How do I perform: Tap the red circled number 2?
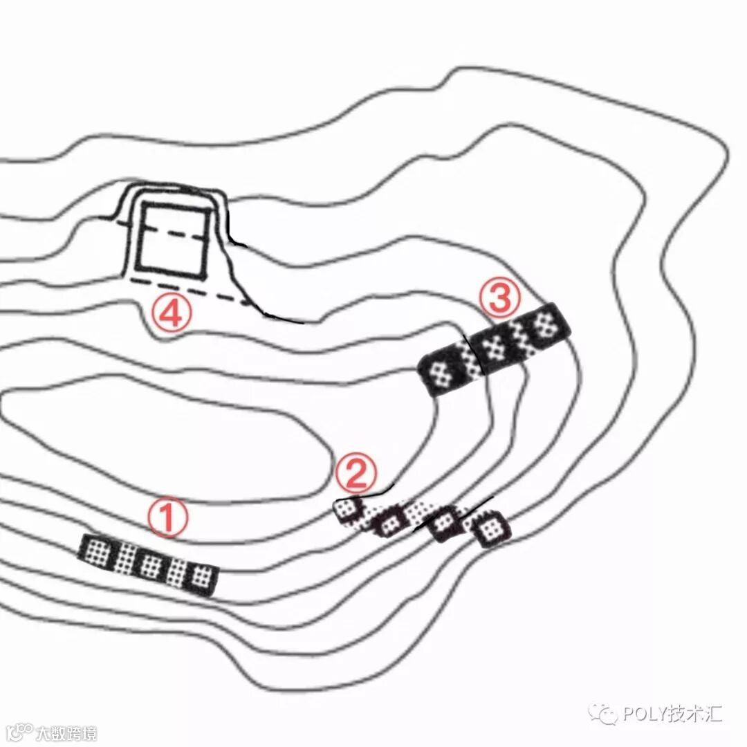point(357,473)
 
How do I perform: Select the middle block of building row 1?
point(149,564)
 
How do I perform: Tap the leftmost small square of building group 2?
point(348,510)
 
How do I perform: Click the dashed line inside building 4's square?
point(173,232)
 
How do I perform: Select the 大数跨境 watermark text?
point(66,732)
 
